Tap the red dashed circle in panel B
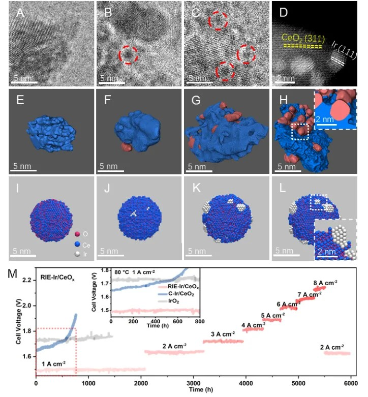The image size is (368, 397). coord(128,54)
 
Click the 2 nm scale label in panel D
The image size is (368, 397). coord(286,78)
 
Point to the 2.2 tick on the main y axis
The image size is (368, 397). coord(27,281)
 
